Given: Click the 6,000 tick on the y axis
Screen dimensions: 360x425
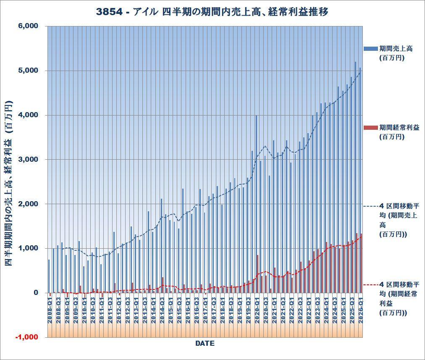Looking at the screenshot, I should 29,26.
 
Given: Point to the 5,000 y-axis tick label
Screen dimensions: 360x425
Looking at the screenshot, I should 29,71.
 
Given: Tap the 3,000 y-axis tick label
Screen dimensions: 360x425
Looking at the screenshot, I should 29,160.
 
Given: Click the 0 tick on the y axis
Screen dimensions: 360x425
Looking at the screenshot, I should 36,293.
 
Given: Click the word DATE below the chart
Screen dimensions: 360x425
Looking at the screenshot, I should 205,344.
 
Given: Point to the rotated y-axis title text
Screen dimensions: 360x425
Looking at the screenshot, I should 8,183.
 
